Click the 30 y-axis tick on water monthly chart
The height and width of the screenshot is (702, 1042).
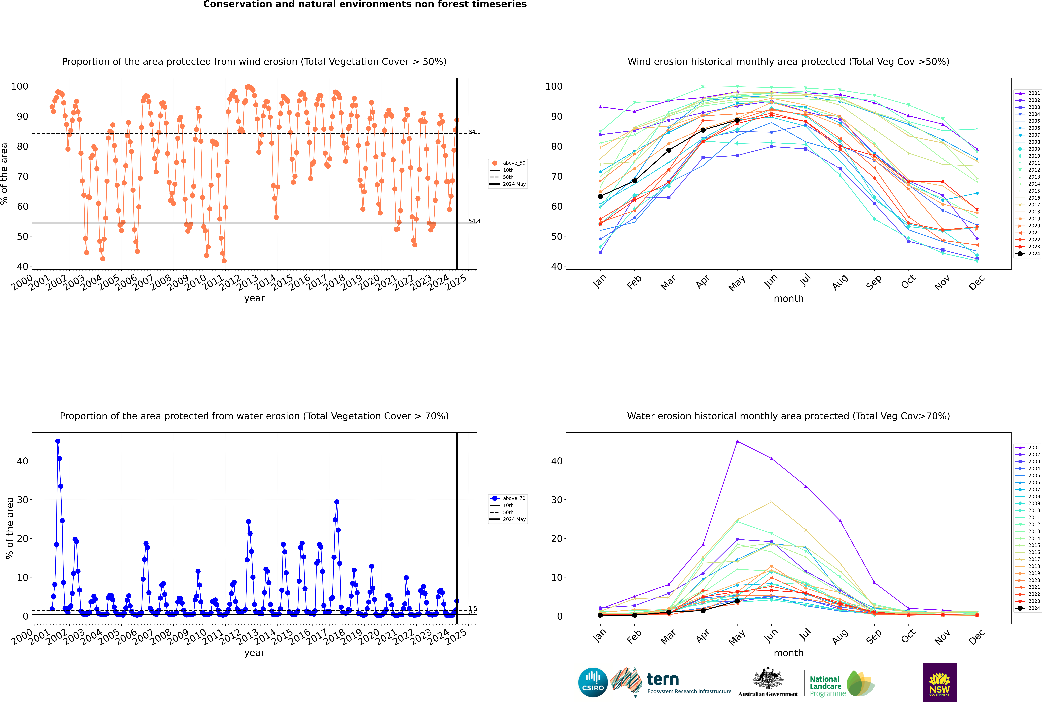coord(557,500)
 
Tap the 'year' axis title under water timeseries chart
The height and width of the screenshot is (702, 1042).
coord(254,653)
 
